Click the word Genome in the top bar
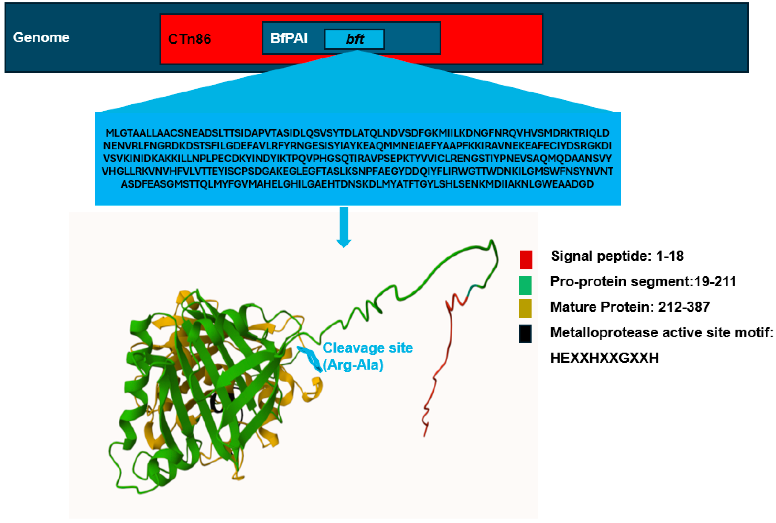pyautogui.click(x=41, y=37)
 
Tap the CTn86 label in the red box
pyautogui.click(x=189, y=39)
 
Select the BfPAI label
pyautogui.click(x=289, y=38)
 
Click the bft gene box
pyautogui.click(x=354, y=39)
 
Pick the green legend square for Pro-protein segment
pyautogui.click(x=525, y=285)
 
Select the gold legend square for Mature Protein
pyautogui.click(x=525, y=308)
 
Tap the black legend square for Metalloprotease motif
pyautogui.click(x=525, y=334)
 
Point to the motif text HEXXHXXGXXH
pyautogui.click(x=604, y=358)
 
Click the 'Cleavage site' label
pyautogui.click(x=368, y=348)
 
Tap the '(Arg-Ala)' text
pyautogui.click(x=353, y=365)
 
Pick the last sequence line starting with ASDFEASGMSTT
pyautogui.click(x=357, y=184)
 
